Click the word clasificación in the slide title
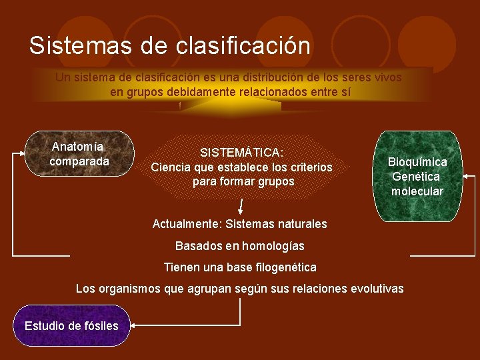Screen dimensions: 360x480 click(x=243, y=46)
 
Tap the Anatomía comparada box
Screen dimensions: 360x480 click(x=79, y=154)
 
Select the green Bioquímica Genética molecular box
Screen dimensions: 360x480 click(x=417, y=177)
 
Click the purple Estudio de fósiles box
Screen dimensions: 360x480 click(x=71, y=325)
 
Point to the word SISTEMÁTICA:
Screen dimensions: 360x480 click(x=241, y=152)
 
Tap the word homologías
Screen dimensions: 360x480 click(x=273, y=246)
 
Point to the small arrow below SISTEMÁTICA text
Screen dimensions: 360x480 click(x=241, y=204)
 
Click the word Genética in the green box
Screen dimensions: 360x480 click(x=416, y=177)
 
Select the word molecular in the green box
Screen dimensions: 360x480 click(x=417, y=191)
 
